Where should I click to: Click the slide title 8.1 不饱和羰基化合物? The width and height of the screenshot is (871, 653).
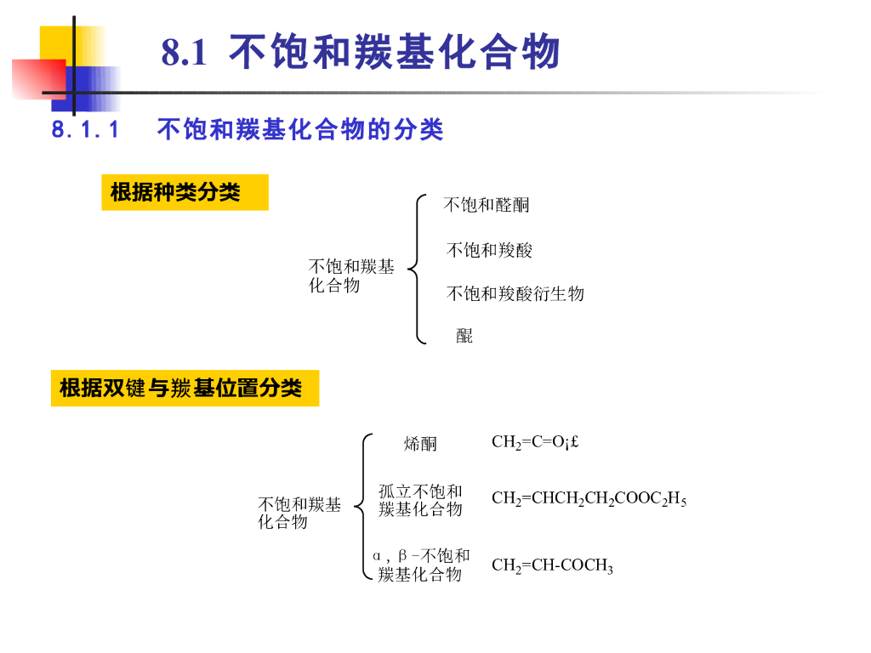click(361, 53)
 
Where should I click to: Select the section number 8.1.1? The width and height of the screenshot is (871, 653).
click(85, 130)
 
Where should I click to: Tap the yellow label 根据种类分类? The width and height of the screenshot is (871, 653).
click(185, 192)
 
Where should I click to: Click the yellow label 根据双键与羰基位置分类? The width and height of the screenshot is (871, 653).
click(185, 389)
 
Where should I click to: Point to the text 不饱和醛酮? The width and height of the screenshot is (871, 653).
click(487, 205)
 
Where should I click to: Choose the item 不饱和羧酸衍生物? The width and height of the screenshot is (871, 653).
click(515, 294)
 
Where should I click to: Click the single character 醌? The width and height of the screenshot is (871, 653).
click(464, 336)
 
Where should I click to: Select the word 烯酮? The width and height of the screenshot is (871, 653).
click(420, 443)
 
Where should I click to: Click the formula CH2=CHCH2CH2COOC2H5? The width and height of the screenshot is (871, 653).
click(589, 499)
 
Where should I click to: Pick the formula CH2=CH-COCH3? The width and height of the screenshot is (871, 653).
click(552, 566)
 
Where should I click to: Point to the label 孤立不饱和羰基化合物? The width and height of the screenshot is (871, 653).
click(420, 500)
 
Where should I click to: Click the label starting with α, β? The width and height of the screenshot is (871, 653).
click(421, 565)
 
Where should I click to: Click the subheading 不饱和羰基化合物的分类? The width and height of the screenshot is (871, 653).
click(300, 130)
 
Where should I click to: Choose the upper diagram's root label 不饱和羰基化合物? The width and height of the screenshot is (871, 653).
click(350, 276)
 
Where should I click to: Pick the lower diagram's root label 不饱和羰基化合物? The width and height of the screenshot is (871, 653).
click(299, 514)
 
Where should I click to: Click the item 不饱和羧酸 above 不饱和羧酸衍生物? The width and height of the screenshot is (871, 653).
click(489, 250)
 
